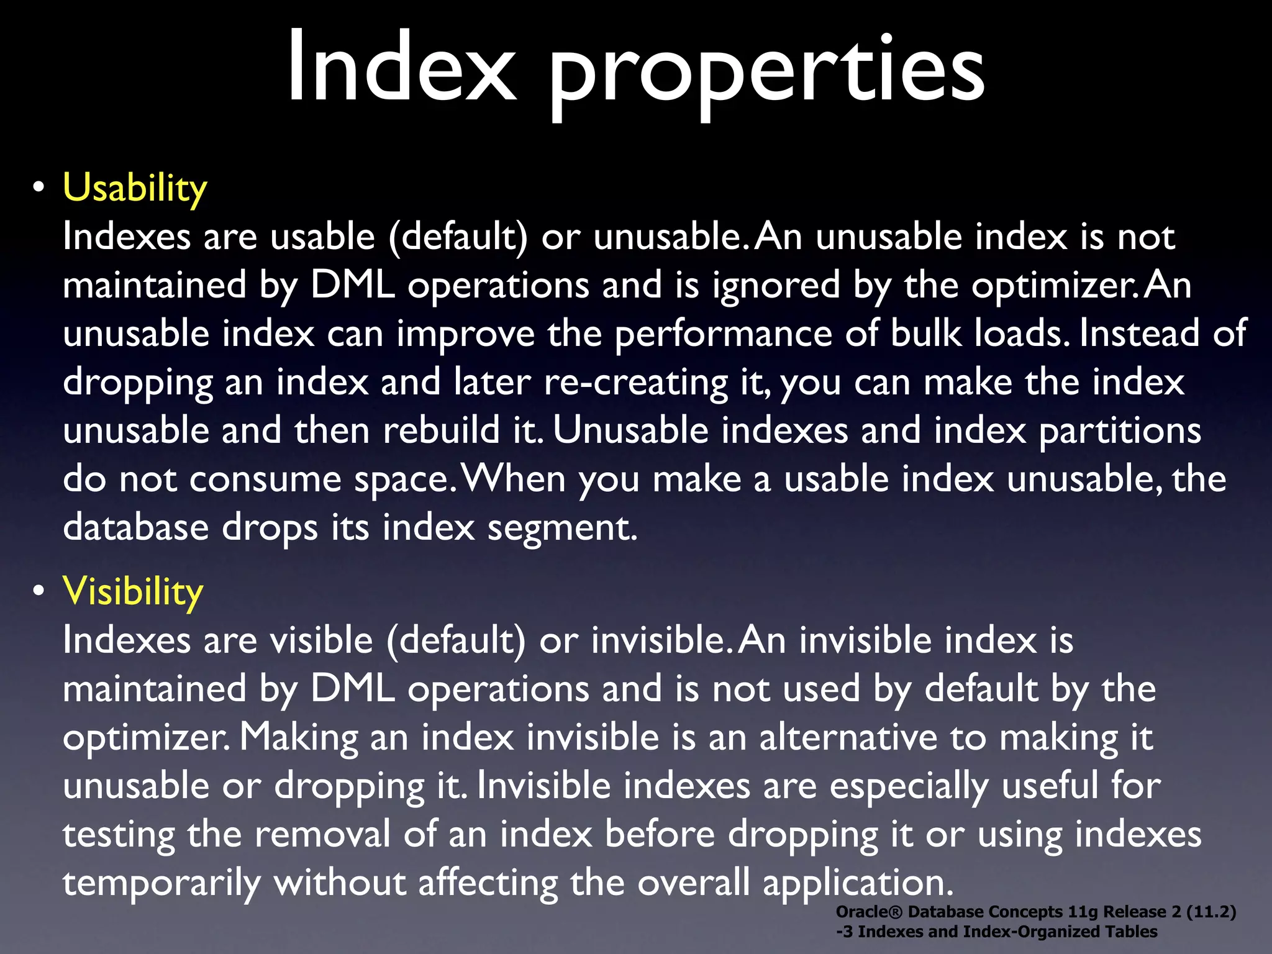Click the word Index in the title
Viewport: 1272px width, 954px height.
pos(401,67)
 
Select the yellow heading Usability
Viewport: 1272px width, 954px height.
pos(135,188)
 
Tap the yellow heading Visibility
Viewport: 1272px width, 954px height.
pos(133,591)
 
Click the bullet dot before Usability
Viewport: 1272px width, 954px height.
pos(39,188)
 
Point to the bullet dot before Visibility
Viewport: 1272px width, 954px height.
pos(39,591)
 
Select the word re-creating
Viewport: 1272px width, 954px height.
pos(635,382)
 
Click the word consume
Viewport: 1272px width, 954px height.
pos(265,479)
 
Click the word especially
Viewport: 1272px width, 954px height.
pos(909,786)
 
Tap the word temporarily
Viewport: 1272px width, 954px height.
pos(161,883)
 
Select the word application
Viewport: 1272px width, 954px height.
pos(857,883)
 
